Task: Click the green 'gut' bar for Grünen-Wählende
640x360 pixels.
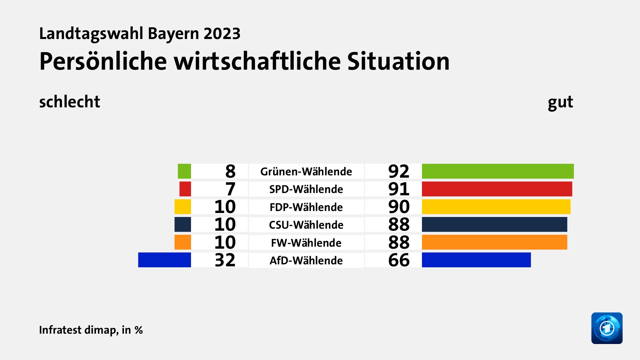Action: tap(498, 171)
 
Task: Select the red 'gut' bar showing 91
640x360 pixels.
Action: tap(497, 189)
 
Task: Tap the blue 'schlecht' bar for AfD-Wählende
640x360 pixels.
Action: tap(165, 260)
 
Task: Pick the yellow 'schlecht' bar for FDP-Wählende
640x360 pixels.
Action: tap(183, 207)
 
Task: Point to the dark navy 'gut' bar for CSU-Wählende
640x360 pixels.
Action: tap(494, 224)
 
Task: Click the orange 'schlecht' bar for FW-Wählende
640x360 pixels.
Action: tap(183, 242)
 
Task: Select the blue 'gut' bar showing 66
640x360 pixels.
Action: tap(476, 260)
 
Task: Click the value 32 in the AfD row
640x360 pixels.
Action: tap(225, 260)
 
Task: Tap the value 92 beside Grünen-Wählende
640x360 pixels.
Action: tap(399, 172)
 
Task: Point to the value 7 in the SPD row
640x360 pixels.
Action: tap(230, 189)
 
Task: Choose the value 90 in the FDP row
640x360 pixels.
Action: tap(399, 207)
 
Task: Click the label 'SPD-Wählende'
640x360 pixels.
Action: tap(306, 189)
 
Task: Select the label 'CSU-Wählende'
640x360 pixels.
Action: tap(306, 225)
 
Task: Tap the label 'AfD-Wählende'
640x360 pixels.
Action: tap(306, 260)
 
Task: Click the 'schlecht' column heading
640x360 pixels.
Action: tap(69, 102)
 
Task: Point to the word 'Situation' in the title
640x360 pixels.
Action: tap(398, 61)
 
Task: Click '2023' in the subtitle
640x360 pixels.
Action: tap(222, 34)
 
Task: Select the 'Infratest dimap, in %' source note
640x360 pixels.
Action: tap(91, 330)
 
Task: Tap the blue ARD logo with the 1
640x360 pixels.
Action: tap(607, 328)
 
